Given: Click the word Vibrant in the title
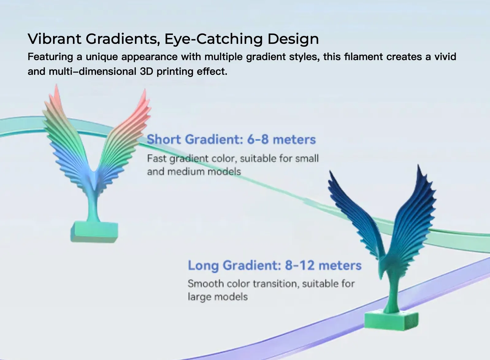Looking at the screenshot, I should [x=54, y=39].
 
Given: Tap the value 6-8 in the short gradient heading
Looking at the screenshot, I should [x=258, y=140].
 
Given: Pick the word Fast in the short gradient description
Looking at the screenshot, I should [x=157, y=159].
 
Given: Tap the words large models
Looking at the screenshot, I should [x=218, y=297].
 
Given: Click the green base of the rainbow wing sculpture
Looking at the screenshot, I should [x=94, y=232].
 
